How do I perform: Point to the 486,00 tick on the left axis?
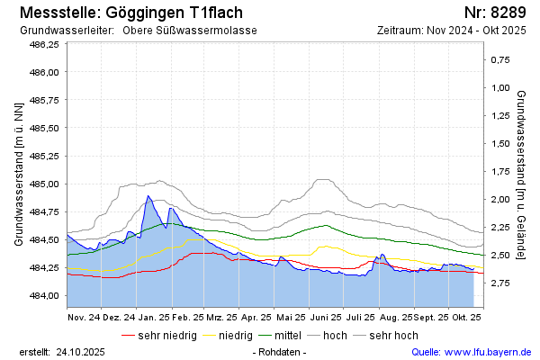44,72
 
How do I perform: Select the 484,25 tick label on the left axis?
44,268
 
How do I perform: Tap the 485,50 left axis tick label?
44,128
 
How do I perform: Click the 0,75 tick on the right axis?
499,60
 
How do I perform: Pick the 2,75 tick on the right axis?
499,283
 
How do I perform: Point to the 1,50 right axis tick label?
499,144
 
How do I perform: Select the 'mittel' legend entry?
287,336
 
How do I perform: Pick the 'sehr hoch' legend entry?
393,336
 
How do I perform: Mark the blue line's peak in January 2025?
148,195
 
